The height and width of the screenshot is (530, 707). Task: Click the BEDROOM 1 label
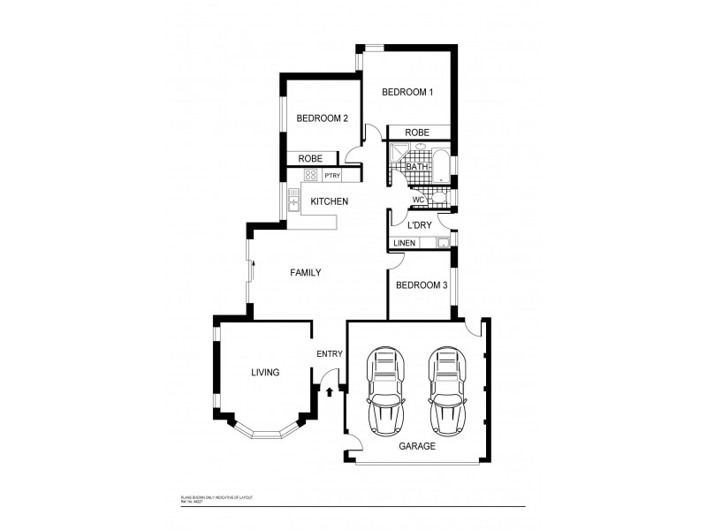[407, 93]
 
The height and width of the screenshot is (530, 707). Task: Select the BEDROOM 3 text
[421, 285]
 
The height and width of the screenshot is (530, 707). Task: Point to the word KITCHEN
[329, 202]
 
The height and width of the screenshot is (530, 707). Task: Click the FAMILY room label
[305, 273]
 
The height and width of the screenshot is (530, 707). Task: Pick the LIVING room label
[265, 373]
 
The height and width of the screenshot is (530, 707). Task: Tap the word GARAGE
[417, 447]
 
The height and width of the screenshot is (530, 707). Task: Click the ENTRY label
[329, 355]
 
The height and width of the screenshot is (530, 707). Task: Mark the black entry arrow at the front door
[330, 390]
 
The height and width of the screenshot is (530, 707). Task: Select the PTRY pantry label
[332, 176]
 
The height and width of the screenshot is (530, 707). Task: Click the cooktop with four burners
[310, 175]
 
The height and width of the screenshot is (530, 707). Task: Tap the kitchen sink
[293, 204]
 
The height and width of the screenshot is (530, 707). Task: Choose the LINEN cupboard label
[404, 243]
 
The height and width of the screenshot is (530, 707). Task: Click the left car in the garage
[387, 390]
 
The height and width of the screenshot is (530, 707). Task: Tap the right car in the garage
[446, 390]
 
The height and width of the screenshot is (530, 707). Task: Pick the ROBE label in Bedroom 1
[417, 132]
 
